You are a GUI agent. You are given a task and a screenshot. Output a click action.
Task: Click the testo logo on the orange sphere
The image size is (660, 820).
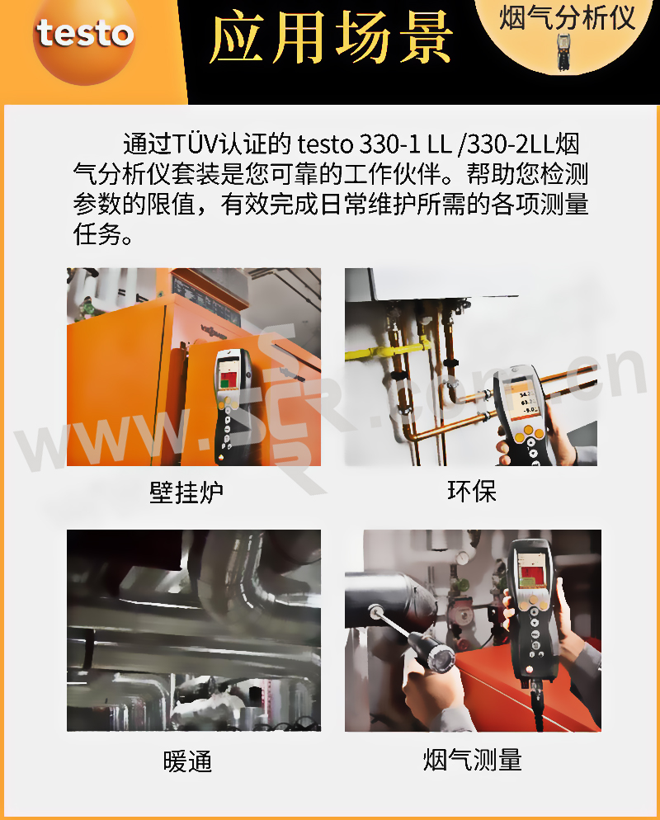click(85, 34)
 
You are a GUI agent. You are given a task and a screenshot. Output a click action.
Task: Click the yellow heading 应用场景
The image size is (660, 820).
click(331, 38)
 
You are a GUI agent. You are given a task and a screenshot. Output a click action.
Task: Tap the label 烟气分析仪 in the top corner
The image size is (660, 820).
click(567, 18)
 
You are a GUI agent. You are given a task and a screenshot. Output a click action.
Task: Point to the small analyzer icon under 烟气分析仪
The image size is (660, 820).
click(563, 52)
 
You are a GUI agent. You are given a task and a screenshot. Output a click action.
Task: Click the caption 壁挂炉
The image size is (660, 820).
click(186, 492)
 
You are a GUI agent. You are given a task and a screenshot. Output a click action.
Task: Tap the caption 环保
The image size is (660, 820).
click(471, 491)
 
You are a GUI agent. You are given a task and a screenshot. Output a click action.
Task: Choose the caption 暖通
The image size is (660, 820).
click(187, 761)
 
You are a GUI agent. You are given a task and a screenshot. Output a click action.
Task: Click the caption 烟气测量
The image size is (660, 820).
click(472, 759)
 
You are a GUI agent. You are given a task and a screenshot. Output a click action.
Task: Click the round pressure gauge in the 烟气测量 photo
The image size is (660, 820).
click(462, 558)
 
